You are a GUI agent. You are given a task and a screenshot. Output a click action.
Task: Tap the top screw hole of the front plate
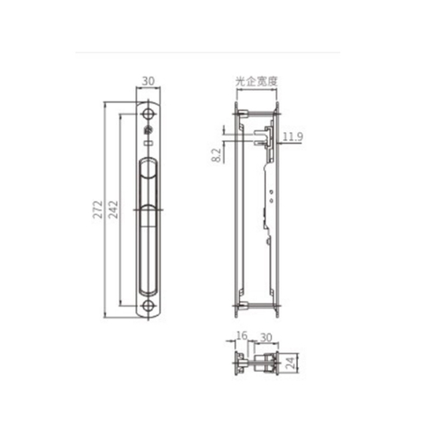(148, 116)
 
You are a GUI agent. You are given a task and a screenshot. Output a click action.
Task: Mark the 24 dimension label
(300, 363)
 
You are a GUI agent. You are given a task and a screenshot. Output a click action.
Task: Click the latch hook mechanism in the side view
(262, 138)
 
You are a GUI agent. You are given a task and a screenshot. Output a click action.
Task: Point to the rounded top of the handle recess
(148, 163)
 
